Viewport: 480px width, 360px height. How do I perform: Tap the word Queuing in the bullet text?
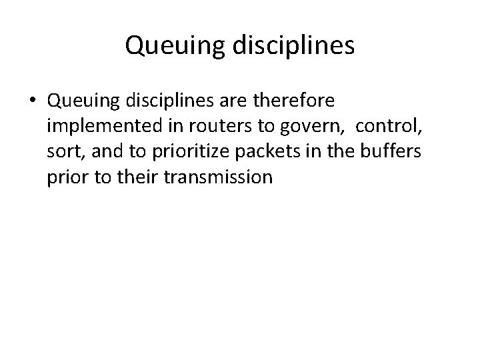tap(75, 101)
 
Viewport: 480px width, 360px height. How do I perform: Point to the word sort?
tap(63, 152)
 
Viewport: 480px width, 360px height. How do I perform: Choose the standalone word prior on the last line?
tap(67, 177)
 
